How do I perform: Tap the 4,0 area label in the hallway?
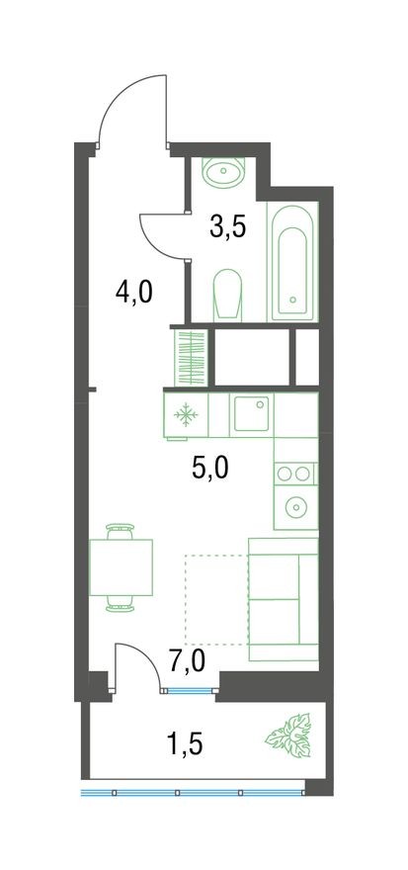tap(132, 294)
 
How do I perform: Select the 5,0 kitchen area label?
tap(209, 466)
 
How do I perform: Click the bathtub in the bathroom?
tap(292, 259)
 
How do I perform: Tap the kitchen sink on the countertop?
tap(251, 413)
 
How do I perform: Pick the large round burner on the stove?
tap(294, 508)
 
